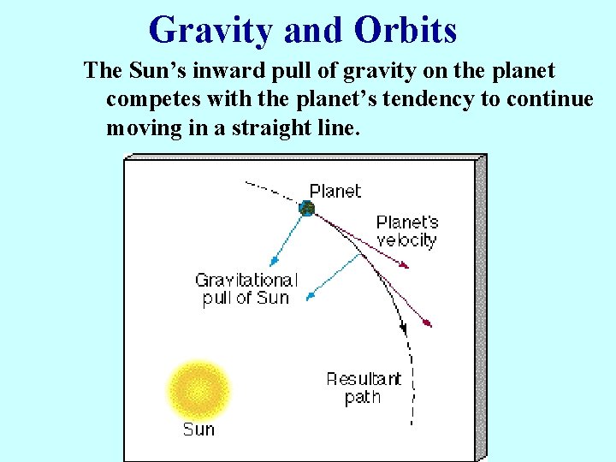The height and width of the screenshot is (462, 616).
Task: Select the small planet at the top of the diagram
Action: pyautogui.click(x=306, y=208)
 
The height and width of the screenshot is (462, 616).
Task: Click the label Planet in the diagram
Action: pyautogui.click(x=335, y=191)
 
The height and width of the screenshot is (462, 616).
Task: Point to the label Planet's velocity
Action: pyautogui.click(x=406, y=231)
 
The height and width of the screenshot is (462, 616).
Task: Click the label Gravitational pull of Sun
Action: pyautogui.click(x=246, y=289)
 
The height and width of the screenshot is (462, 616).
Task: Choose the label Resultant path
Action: pyautogui.click(x=363, y=388)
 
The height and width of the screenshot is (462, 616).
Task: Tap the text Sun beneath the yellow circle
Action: pyautogui.click(x=198, y=429)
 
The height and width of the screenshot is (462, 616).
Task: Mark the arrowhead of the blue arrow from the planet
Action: pyautogui.click(x=272, y=262)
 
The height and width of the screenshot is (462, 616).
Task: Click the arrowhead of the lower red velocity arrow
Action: pyautogui.click(x=429, y=324)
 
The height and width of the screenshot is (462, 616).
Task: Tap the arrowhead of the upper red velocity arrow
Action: pyautogui.click(x=406, y=265)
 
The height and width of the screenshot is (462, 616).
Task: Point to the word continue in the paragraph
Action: pyautogui.click(x=549, y=99)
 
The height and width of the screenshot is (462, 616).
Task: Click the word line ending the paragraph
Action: pyautogui.click(x=339, y=128)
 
